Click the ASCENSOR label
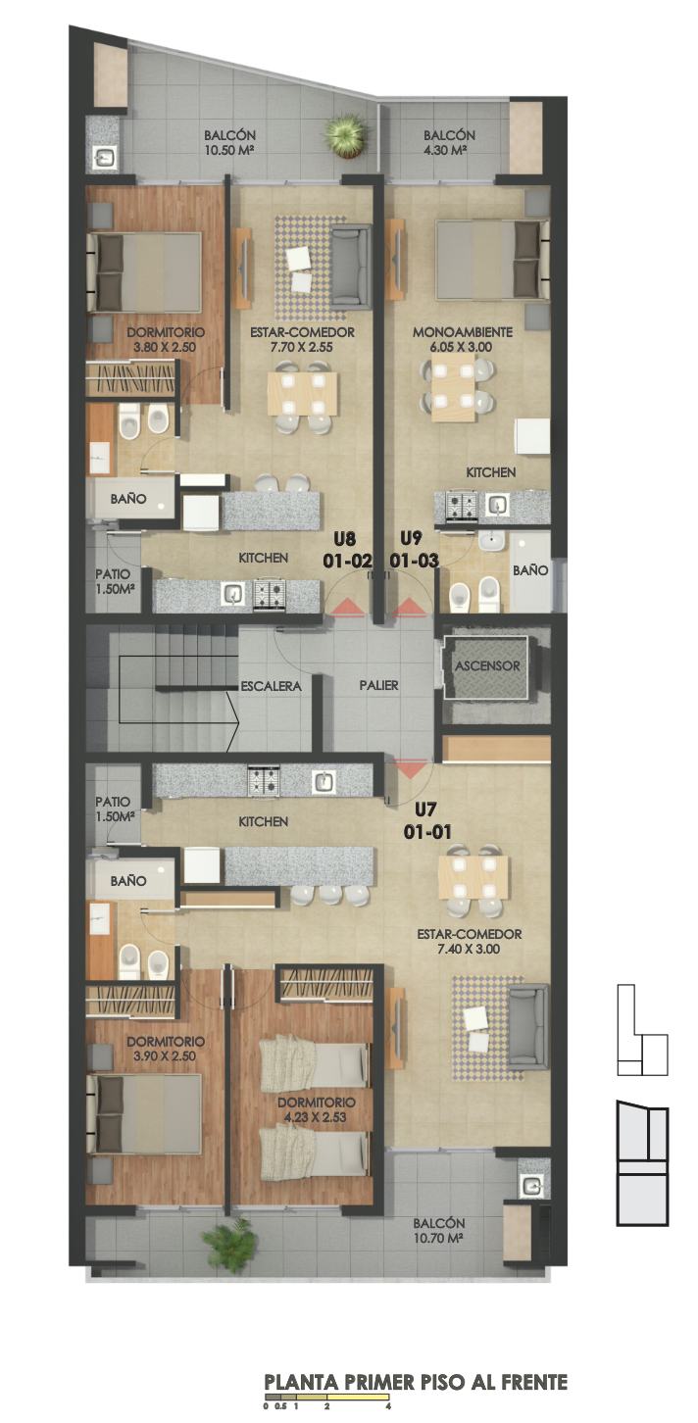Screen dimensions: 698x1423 (x=487, y=665)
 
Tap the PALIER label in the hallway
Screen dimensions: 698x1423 (x=378, y=685)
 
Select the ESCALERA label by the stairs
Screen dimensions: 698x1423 (x=271, y=686)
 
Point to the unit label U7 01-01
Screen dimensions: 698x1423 (x=427, y=820)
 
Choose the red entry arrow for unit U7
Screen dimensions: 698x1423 (x=411, y=768)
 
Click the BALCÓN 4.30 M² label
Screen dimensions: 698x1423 (x=449, y=142)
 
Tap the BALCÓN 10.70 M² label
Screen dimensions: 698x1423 (x=438, y=1230)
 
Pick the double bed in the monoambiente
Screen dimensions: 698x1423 (x=491, y=259)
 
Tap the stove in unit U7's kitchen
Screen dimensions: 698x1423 (x=264, y=781)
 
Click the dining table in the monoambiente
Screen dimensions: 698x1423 (x=453, y=387)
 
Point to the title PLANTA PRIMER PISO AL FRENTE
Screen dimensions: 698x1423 (x=416, y=1383)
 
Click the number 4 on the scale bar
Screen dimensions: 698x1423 (x=388, y=1405)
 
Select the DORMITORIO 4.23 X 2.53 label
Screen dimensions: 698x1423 (x=316, y=1109)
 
